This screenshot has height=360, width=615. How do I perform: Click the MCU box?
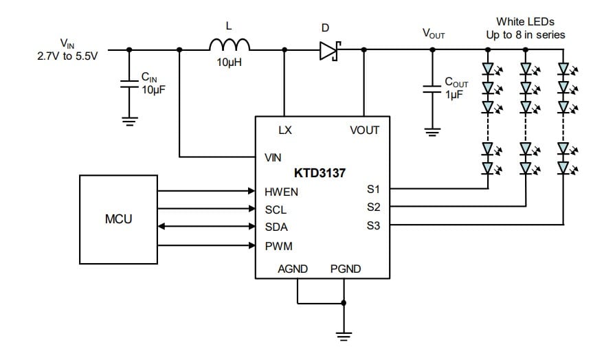118,220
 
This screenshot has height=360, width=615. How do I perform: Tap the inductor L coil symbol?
230,45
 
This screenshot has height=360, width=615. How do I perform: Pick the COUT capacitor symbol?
431,88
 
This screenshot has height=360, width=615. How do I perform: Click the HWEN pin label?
281,192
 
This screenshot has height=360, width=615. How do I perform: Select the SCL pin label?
276,210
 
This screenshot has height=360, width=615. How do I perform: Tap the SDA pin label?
276,227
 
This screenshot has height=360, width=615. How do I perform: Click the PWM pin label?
278,246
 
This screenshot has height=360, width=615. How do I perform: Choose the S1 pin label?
374,188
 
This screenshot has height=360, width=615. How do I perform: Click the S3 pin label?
374,225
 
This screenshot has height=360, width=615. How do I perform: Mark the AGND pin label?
293,269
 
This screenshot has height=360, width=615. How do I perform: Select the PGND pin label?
345,269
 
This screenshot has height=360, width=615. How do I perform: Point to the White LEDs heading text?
524,22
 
